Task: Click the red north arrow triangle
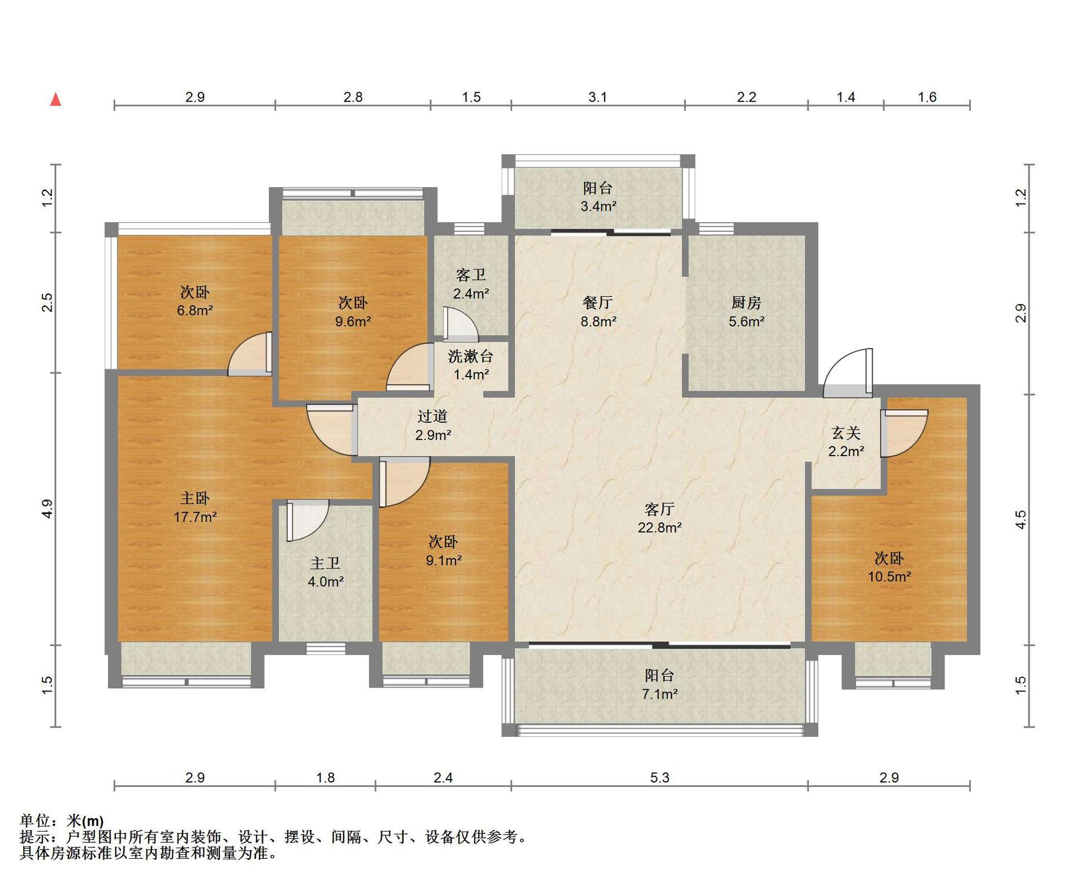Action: [55, 100]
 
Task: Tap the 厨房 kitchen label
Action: [746, 302]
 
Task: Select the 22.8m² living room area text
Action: [659, 527]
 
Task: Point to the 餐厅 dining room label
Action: [598, 302]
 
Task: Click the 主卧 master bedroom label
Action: [195, 498]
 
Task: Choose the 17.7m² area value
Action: [195, 517]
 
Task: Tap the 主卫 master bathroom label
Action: [325, 563]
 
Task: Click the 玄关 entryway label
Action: [846, 433]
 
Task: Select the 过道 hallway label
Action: [433, 416]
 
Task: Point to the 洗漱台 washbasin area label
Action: [471, 356]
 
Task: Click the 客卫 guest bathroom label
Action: [471, 275]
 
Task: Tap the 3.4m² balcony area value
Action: [598, 206]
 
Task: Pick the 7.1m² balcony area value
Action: [659, 694]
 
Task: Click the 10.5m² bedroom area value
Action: [889, 577]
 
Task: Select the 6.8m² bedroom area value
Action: [195, 310]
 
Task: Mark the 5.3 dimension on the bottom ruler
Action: [659, 777]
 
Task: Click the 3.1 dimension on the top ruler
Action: [598, 97]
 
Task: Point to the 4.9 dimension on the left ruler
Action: [47, 509]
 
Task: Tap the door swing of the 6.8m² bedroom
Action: [249, 353]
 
